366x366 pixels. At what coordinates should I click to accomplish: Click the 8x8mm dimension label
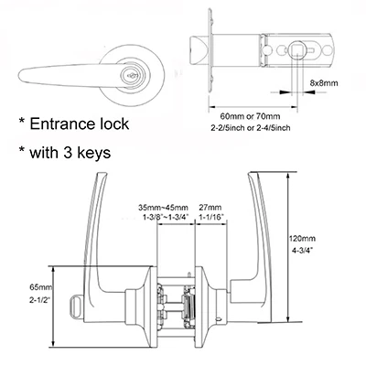coord(324,82)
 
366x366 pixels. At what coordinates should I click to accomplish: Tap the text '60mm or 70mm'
coord(250,116)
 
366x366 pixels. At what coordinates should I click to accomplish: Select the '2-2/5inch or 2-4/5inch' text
coord(251,128)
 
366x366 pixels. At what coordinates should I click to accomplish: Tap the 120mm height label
coord(302,238)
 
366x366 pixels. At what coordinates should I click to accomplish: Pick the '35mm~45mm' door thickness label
coord(164,208)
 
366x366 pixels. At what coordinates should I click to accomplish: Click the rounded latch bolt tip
coord(199,50)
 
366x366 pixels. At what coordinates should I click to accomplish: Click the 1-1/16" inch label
coord(211,217)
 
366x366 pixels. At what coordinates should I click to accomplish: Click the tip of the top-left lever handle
coord(19,74)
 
